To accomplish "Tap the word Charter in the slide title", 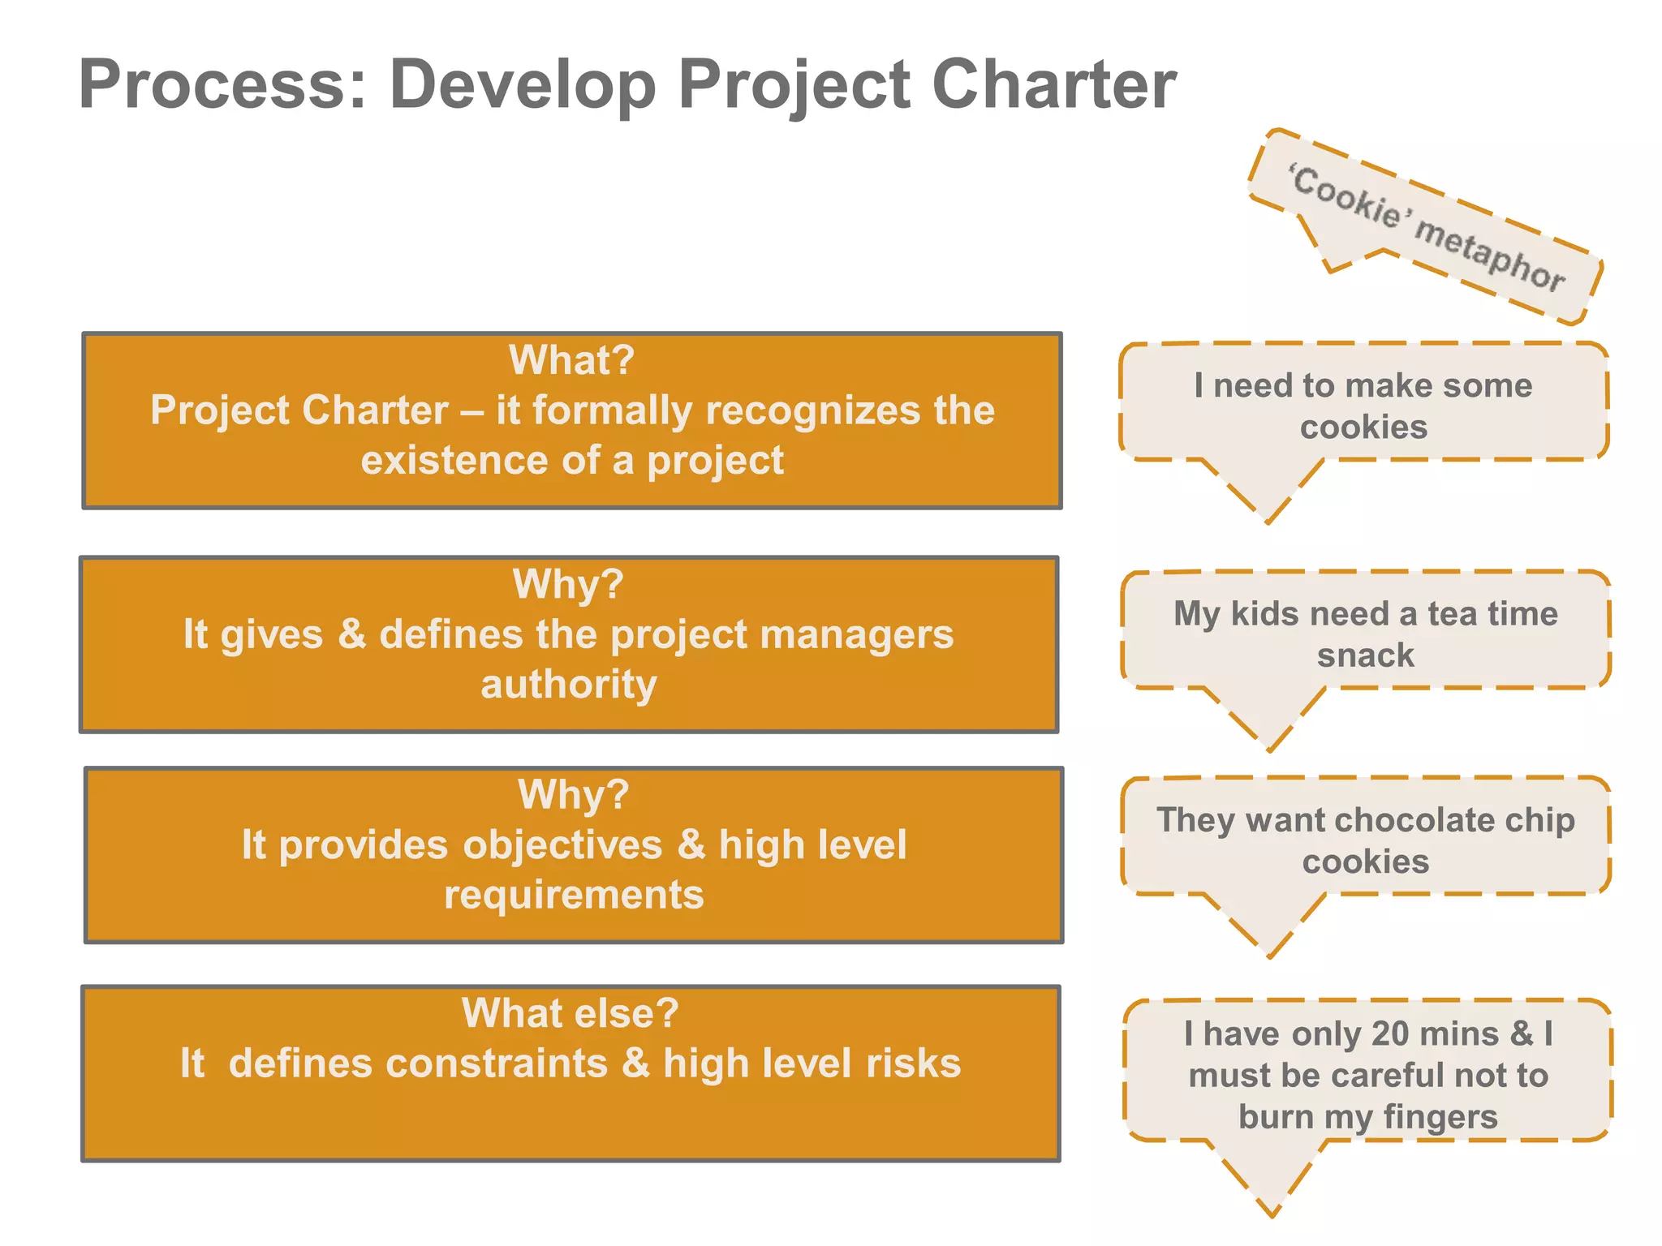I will click(x=1053, y=84).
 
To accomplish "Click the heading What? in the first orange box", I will click(x=571, y=359).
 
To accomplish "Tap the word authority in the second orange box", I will click(x=569, y=684).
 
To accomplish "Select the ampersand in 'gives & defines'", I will click(x=351, y=634).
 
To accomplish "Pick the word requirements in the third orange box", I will click(x=574, y=895).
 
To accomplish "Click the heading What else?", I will click(x=570, y=1013).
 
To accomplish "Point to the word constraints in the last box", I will click(x=418, y=1063).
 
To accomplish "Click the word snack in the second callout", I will click(x=1365, y=655).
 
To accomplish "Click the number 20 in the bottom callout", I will click(x=1390, y=1033).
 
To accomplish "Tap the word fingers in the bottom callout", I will click(x=1440, y=1117).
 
